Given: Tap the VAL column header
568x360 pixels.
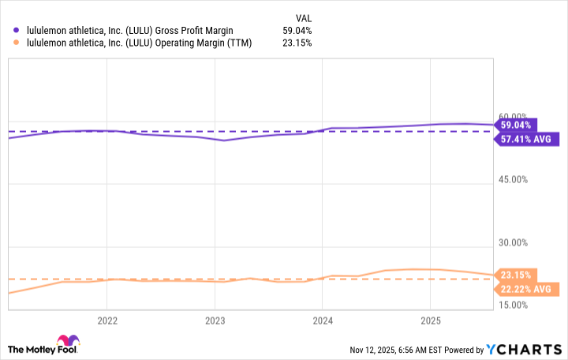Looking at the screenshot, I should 303,16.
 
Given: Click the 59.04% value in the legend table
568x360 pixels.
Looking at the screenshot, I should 298,30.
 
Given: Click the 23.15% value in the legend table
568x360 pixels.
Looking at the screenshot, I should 298,43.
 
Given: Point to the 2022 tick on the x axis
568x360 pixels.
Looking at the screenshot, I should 106,321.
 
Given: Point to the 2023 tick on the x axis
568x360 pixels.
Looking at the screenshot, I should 215,321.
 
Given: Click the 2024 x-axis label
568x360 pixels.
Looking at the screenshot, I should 322,321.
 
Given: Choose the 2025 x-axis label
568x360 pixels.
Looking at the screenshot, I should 429,321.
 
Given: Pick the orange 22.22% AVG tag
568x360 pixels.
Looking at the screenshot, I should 525,289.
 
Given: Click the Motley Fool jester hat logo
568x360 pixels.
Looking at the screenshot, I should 17,348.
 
